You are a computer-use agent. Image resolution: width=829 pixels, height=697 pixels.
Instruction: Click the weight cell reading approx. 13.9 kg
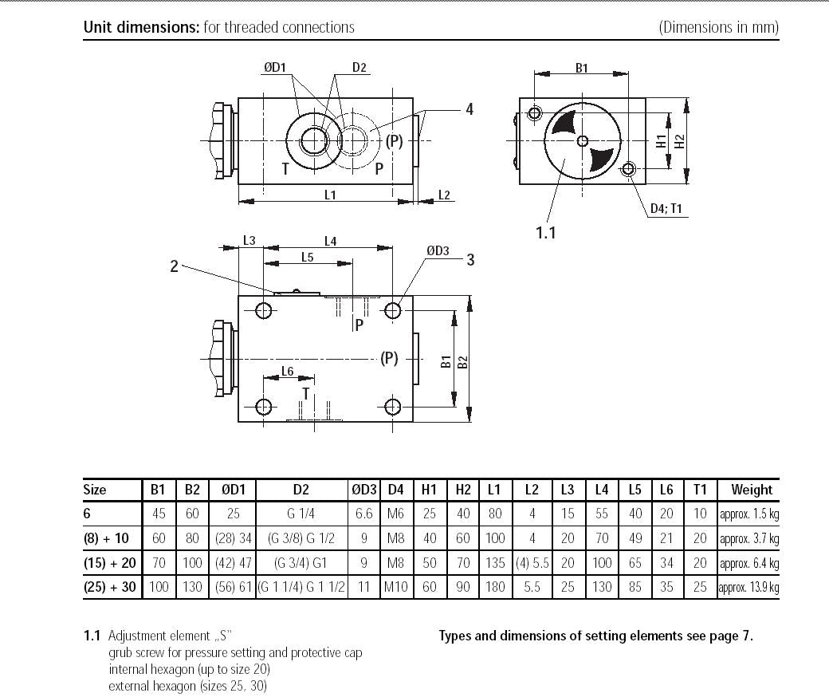coord(748,588)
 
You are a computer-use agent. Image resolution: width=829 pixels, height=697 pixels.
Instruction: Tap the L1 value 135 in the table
coord(495,563)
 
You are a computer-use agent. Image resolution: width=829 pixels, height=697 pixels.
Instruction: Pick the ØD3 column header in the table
coord(363,490)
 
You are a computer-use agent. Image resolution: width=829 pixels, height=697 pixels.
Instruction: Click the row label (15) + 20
coord(110,563)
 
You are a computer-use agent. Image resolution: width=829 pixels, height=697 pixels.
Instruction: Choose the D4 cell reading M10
coord(396,588)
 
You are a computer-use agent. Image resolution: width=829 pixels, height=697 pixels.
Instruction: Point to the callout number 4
coord(470,109)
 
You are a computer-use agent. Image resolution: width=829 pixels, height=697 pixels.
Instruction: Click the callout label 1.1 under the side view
coord(545,232)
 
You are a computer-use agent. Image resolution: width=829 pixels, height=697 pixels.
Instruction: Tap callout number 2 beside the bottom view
coord(174,266)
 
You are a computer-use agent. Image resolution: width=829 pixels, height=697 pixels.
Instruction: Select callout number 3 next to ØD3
coord(471,259)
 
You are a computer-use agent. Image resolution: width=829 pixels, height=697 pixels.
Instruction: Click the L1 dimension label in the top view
coord(330,195)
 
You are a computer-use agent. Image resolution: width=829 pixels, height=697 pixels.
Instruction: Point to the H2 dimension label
coord(679,141)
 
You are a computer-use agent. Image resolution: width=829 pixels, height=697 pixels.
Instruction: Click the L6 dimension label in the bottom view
coord(287,372)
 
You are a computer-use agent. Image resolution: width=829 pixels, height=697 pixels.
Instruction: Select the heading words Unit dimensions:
coord(141,27)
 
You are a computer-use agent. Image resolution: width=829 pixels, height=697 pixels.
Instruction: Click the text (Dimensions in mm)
coord(718,27)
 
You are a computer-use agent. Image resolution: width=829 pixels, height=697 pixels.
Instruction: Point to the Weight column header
coord(751,490)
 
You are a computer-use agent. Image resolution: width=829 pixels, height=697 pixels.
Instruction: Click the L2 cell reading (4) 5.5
coord(532,563)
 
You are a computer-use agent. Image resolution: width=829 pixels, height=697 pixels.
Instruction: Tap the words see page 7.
coord(719,636)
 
